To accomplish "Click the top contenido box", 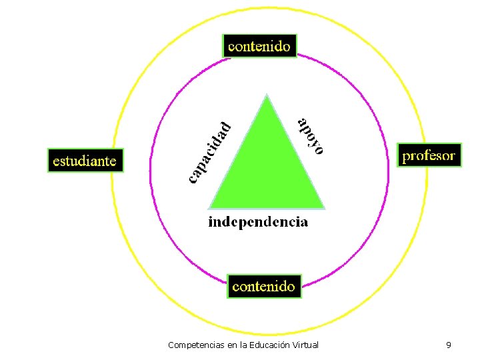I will pyautogui.click(x=259, y=46).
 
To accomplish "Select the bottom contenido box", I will pyautogui.click(x=263, y=286).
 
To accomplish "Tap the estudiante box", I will pyautogui.click(x=85, y=161).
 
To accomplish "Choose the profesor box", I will pyautogui.click(x=429, y=155).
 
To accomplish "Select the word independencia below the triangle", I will pyautogui.click(x=258, y=221).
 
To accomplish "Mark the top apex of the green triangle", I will pyautogui.click(x=267, y=95).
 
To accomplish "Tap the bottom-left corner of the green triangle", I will pyautogui.click(x=210, y=207).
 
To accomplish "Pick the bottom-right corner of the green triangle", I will pyautogui.click(x=324, y=207).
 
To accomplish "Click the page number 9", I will pyautogui.click(x=449, y=345).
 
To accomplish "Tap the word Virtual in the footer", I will pyautogui.click(x=305, y=345).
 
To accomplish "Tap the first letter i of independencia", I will pyautogui.click(x=211, y=221).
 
